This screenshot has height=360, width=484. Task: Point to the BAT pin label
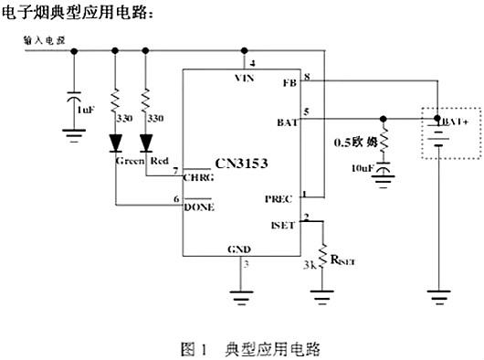coord(286,122)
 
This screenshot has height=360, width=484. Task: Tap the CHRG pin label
coord(200,179)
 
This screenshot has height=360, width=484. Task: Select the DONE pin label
coord(200,206)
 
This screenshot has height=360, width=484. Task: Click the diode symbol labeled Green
coord(116,143)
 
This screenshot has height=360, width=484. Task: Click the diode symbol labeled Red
coord(146,143)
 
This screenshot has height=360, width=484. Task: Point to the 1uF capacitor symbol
coord(74,95)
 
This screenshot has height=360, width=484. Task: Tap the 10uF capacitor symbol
coord(384,169)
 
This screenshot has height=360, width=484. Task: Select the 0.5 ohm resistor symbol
coord(384,142)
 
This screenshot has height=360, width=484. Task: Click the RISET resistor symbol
coord(322,254)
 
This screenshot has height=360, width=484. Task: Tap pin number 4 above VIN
coord(252,63)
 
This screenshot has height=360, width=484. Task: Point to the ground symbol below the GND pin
coord(241,296)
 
